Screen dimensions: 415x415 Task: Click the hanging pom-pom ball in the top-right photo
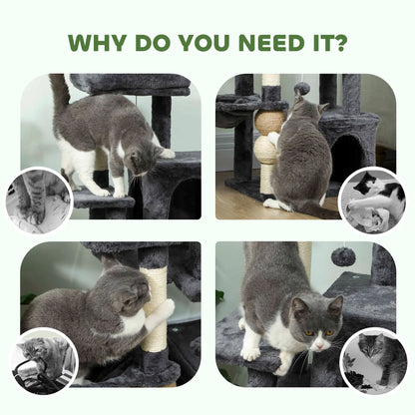(x=300, y=89)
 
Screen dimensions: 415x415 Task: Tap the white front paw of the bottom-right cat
(x=250, y=352)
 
